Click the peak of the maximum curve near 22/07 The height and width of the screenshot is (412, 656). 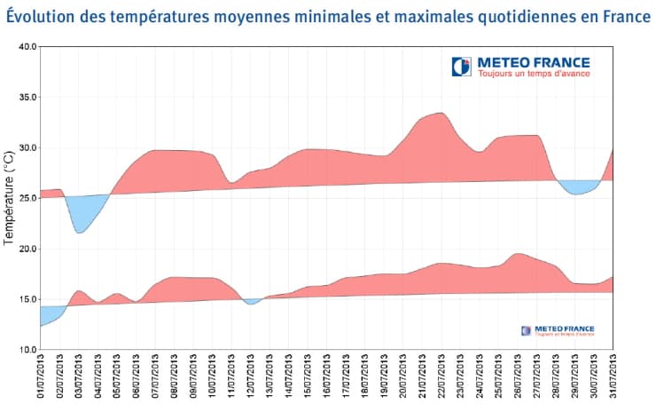[x=441, y=114]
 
